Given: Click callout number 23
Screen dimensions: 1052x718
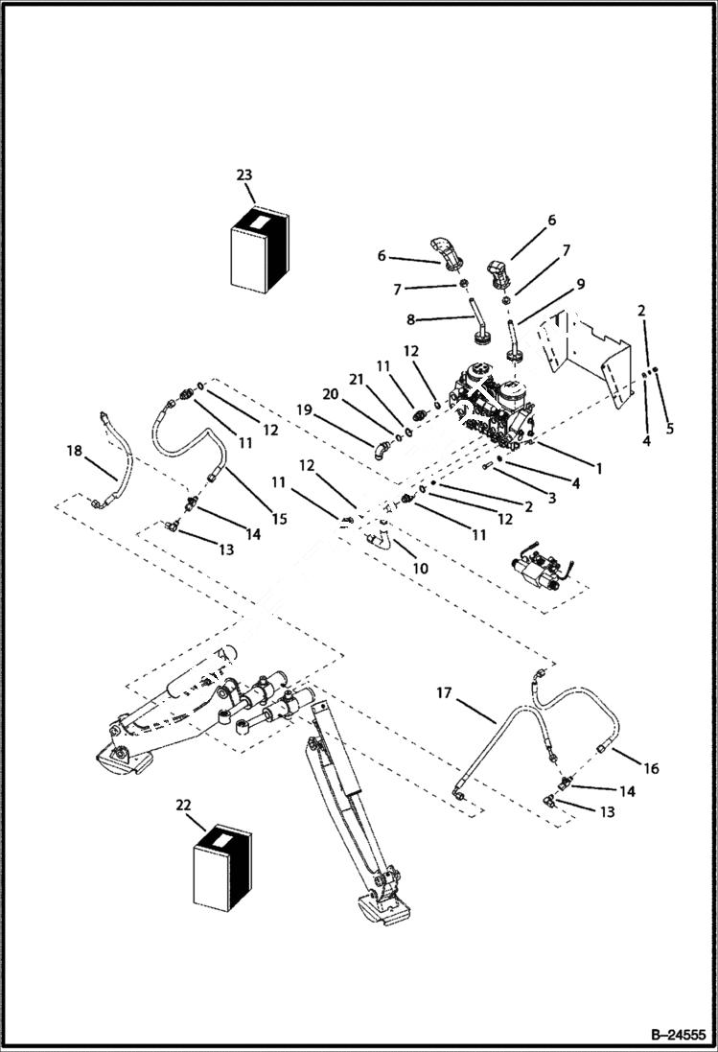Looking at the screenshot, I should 244,175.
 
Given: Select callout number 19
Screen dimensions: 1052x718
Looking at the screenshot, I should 305,409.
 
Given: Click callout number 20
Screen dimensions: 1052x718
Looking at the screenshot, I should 331,394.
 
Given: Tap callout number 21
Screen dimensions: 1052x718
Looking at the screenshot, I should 357,381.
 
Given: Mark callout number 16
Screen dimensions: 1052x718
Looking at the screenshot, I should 651,768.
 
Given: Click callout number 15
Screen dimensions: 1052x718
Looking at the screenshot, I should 279,519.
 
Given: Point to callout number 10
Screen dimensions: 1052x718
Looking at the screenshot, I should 420,569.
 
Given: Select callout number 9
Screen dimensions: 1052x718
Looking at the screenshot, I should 581,284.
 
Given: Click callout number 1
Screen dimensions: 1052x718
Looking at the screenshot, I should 598,469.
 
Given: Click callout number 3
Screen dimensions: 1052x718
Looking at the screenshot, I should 550,500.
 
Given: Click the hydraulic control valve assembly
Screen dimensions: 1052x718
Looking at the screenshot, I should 493,408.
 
